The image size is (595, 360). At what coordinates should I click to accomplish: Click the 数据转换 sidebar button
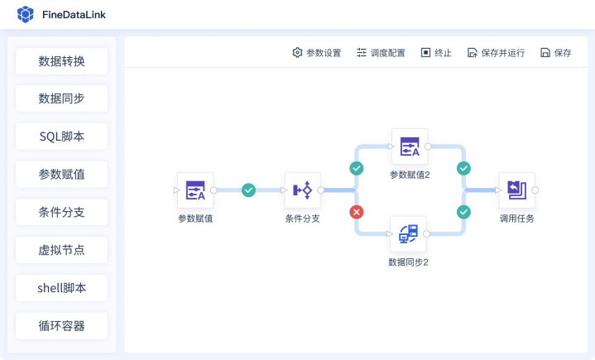coord(61,61)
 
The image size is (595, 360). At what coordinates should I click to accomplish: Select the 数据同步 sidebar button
coord(61,99)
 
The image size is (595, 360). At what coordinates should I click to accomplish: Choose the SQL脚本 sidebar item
coord(61,137)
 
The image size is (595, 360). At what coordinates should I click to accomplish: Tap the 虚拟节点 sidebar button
coord(61,250)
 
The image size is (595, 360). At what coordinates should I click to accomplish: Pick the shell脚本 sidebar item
coord(61,288)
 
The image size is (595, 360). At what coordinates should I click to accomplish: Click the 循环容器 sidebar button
coord(61,326)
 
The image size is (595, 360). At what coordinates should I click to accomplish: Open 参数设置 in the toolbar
coord(316,53)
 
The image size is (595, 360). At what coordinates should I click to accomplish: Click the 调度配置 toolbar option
coord(381,53)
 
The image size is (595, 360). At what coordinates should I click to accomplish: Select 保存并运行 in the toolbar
coord(496,53)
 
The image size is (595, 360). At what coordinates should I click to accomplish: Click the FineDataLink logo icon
coord(26,14)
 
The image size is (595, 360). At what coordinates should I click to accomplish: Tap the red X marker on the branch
coord(357,212)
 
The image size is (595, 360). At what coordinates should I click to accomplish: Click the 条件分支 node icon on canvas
coord(302,190)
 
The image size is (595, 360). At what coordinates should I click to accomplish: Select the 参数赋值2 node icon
coord(410,146)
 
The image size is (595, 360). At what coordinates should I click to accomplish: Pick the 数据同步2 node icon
coord(408,234)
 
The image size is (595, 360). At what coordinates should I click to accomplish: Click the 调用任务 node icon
coord(516,190)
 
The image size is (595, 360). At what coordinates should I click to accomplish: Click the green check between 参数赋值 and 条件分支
coord(248,190)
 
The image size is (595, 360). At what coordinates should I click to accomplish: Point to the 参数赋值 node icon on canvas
coord(195,190)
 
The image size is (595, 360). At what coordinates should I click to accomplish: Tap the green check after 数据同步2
coord(463,212)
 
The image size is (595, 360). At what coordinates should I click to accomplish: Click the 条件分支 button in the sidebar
coord(61,212)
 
